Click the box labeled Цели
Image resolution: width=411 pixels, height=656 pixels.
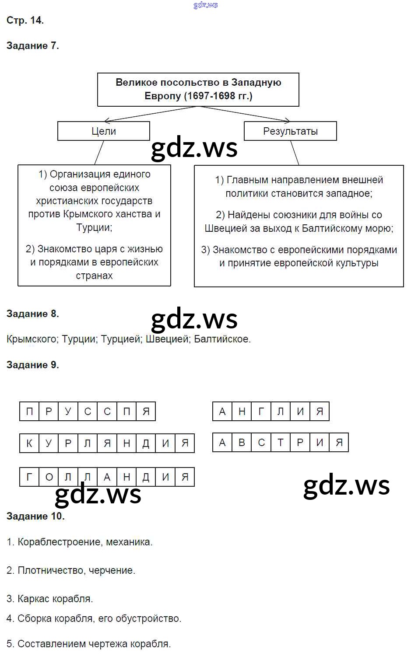104,131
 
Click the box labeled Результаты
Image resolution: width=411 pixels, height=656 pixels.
290,131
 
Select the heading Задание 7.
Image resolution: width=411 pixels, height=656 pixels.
33,45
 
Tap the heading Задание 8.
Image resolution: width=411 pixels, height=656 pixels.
33,314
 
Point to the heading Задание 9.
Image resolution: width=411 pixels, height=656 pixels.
33,365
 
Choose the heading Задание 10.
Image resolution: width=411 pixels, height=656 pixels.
35,516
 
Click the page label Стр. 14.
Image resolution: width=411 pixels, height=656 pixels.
25,20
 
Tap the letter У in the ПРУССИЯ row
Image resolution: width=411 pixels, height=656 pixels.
68,412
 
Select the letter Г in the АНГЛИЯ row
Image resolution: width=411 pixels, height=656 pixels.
261,412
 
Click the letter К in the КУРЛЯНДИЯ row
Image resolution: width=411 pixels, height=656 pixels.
29,443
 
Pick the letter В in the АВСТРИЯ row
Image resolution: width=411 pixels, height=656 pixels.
242,443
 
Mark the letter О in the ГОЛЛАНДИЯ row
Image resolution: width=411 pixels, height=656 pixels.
49,477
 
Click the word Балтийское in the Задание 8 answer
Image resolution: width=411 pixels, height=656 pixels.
221,339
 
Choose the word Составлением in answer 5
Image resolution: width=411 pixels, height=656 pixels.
52,644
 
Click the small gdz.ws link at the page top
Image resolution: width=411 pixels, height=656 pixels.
205,5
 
